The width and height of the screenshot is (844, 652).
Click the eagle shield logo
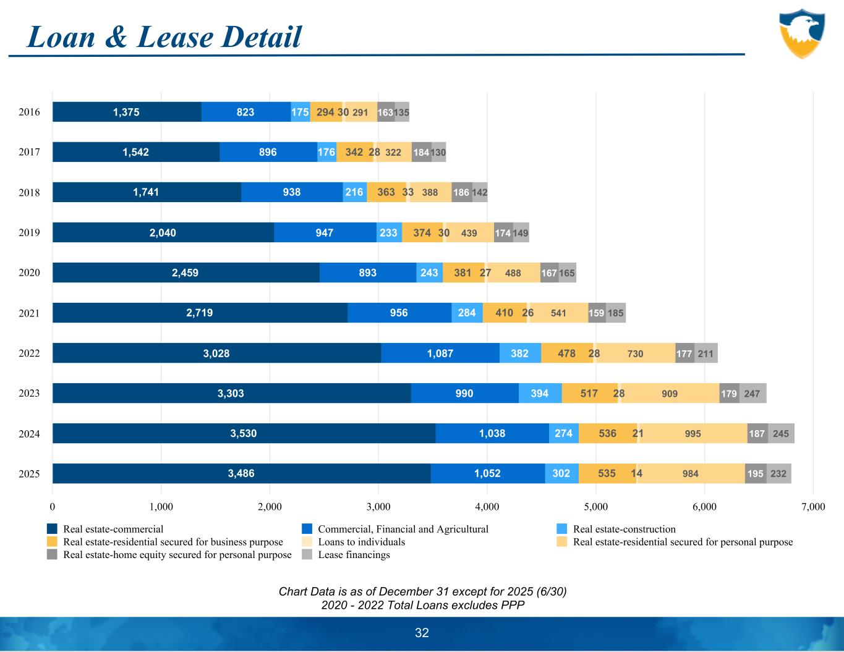click(802, 33)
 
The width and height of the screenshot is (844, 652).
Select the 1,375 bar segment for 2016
click(127, 112)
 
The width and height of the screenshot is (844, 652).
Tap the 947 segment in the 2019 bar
click(325, 232)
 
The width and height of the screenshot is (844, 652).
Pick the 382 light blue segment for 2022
click(520, 354)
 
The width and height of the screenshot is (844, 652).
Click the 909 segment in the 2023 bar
click(670, 393)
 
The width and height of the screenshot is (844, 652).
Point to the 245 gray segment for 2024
click(781, 434)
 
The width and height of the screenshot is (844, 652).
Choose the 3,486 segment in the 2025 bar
click(241, 473)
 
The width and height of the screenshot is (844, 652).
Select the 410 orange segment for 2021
click(504, 313)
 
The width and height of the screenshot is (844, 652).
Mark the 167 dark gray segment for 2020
click(549, 273)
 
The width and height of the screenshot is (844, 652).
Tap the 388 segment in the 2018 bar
click(430, 192)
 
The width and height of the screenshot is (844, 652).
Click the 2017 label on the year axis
click(30, 152)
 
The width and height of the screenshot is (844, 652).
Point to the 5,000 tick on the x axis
click(595, 507)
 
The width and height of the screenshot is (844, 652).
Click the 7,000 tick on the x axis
click(812, 507)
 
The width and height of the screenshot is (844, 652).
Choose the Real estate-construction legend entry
click(624, 529)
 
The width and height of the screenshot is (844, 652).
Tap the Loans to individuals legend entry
click(361, 542)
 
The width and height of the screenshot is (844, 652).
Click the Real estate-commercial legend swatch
click(53, 529)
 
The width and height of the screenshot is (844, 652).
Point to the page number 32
click(422, 633)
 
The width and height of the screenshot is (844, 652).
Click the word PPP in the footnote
click(511, 605)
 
